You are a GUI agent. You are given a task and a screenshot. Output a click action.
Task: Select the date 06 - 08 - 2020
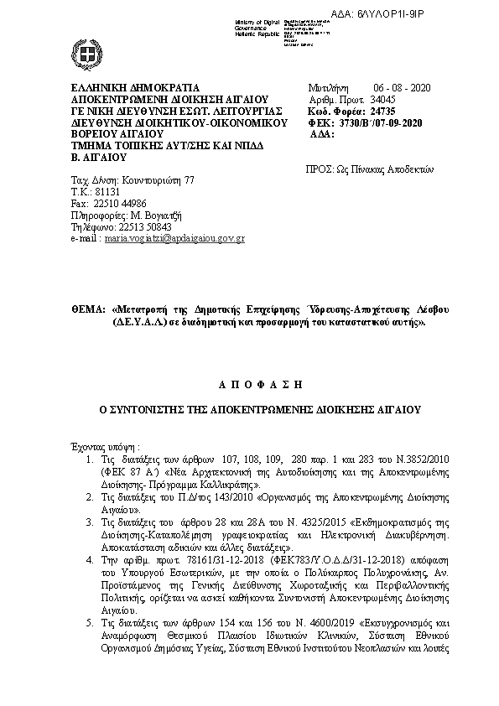(x=395, y=87)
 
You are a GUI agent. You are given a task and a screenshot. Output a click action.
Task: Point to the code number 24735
(x=382, y=111)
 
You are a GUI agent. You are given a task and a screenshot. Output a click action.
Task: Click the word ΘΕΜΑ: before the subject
(x=87, y=309)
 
